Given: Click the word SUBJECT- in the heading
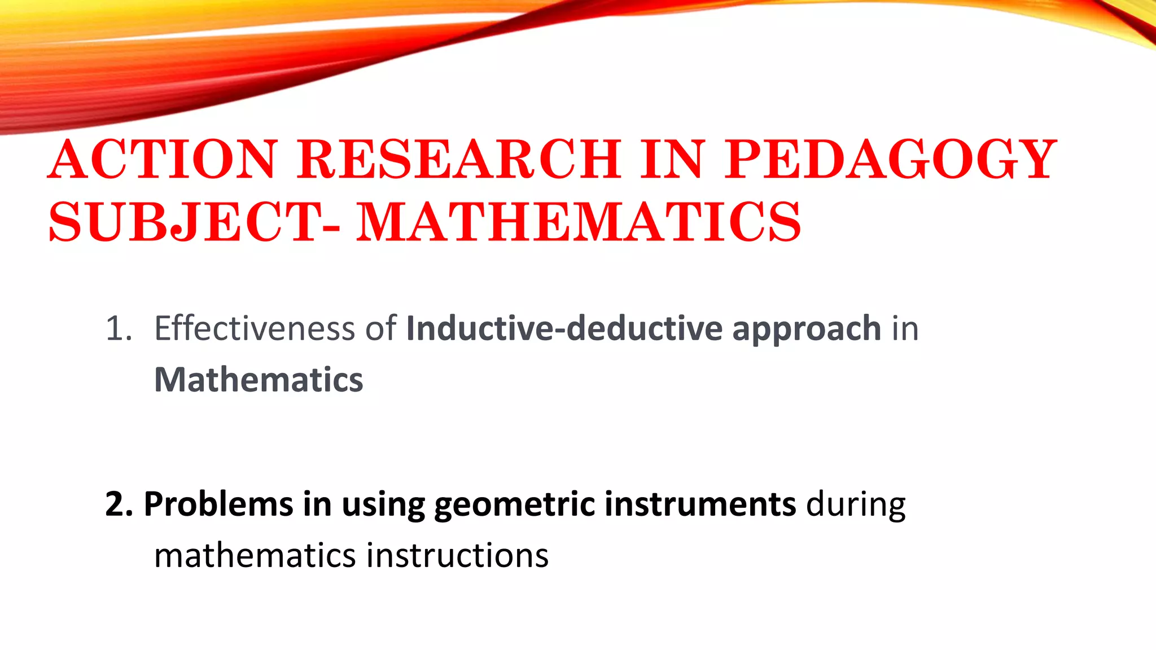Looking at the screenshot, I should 195,222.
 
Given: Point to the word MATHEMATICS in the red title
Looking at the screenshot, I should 579,222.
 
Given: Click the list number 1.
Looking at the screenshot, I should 119,329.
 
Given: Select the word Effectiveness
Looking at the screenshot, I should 255,329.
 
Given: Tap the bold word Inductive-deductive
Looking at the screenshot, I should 564,329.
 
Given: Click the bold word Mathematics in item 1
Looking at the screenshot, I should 259,380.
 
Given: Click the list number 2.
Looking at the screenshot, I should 119,504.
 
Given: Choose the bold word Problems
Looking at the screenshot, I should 218,504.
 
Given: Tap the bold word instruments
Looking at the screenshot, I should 700,504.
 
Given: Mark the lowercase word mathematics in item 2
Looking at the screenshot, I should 255,556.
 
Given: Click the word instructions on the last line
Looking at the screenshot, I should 457,556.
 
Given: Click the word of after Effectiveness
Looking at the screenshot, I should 380,329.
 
